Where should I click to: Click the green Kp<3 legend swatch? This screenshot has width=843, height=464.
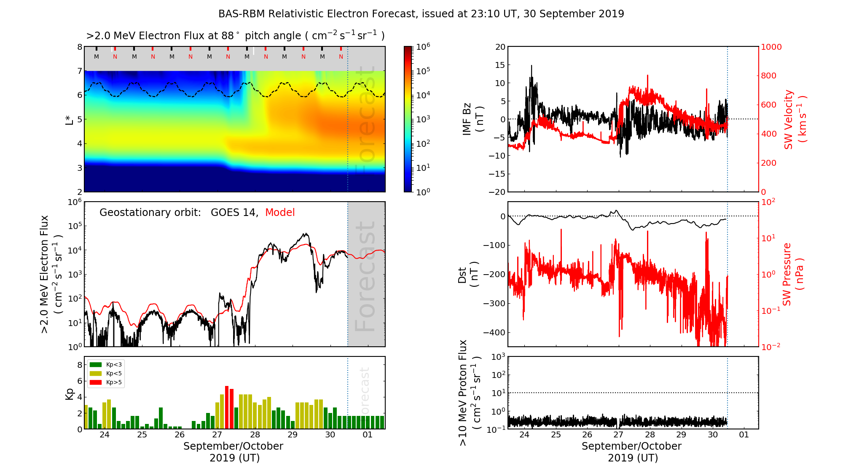click(96, 364)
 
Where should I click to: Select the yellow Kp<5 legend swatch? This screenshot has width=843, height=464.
click(96, 373)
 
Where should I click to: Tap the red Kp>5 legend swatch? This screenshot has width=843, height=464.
click(96, 383)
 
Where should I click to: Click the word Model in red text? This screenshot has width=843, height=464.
click(280, 213)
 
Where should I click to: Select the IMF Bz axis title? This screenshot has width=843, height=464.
click(472, 119)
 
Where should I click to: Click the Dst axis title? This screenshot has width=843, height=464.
click(468, 275)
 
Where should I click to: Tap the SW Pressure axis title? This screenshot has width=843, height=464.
click(792, 275)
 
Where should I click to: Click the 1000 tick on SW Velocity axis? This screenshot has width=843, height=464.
click(771, 47)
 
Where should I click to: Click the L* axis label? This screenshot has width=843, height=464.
click(69, 119)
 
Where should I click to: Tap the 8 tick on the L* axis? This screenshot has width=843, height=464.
click(79, 47)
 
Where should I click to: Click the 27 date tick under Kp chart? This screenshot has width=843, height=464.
click(217, 435)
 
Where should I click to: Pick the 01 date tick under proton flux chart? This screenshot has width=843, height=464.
click(744, 435)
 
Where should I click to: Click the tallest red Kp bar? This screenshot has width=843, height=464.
click(227, 407)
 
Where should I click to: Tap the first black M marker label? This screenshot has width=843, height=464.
click(97, 57)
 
